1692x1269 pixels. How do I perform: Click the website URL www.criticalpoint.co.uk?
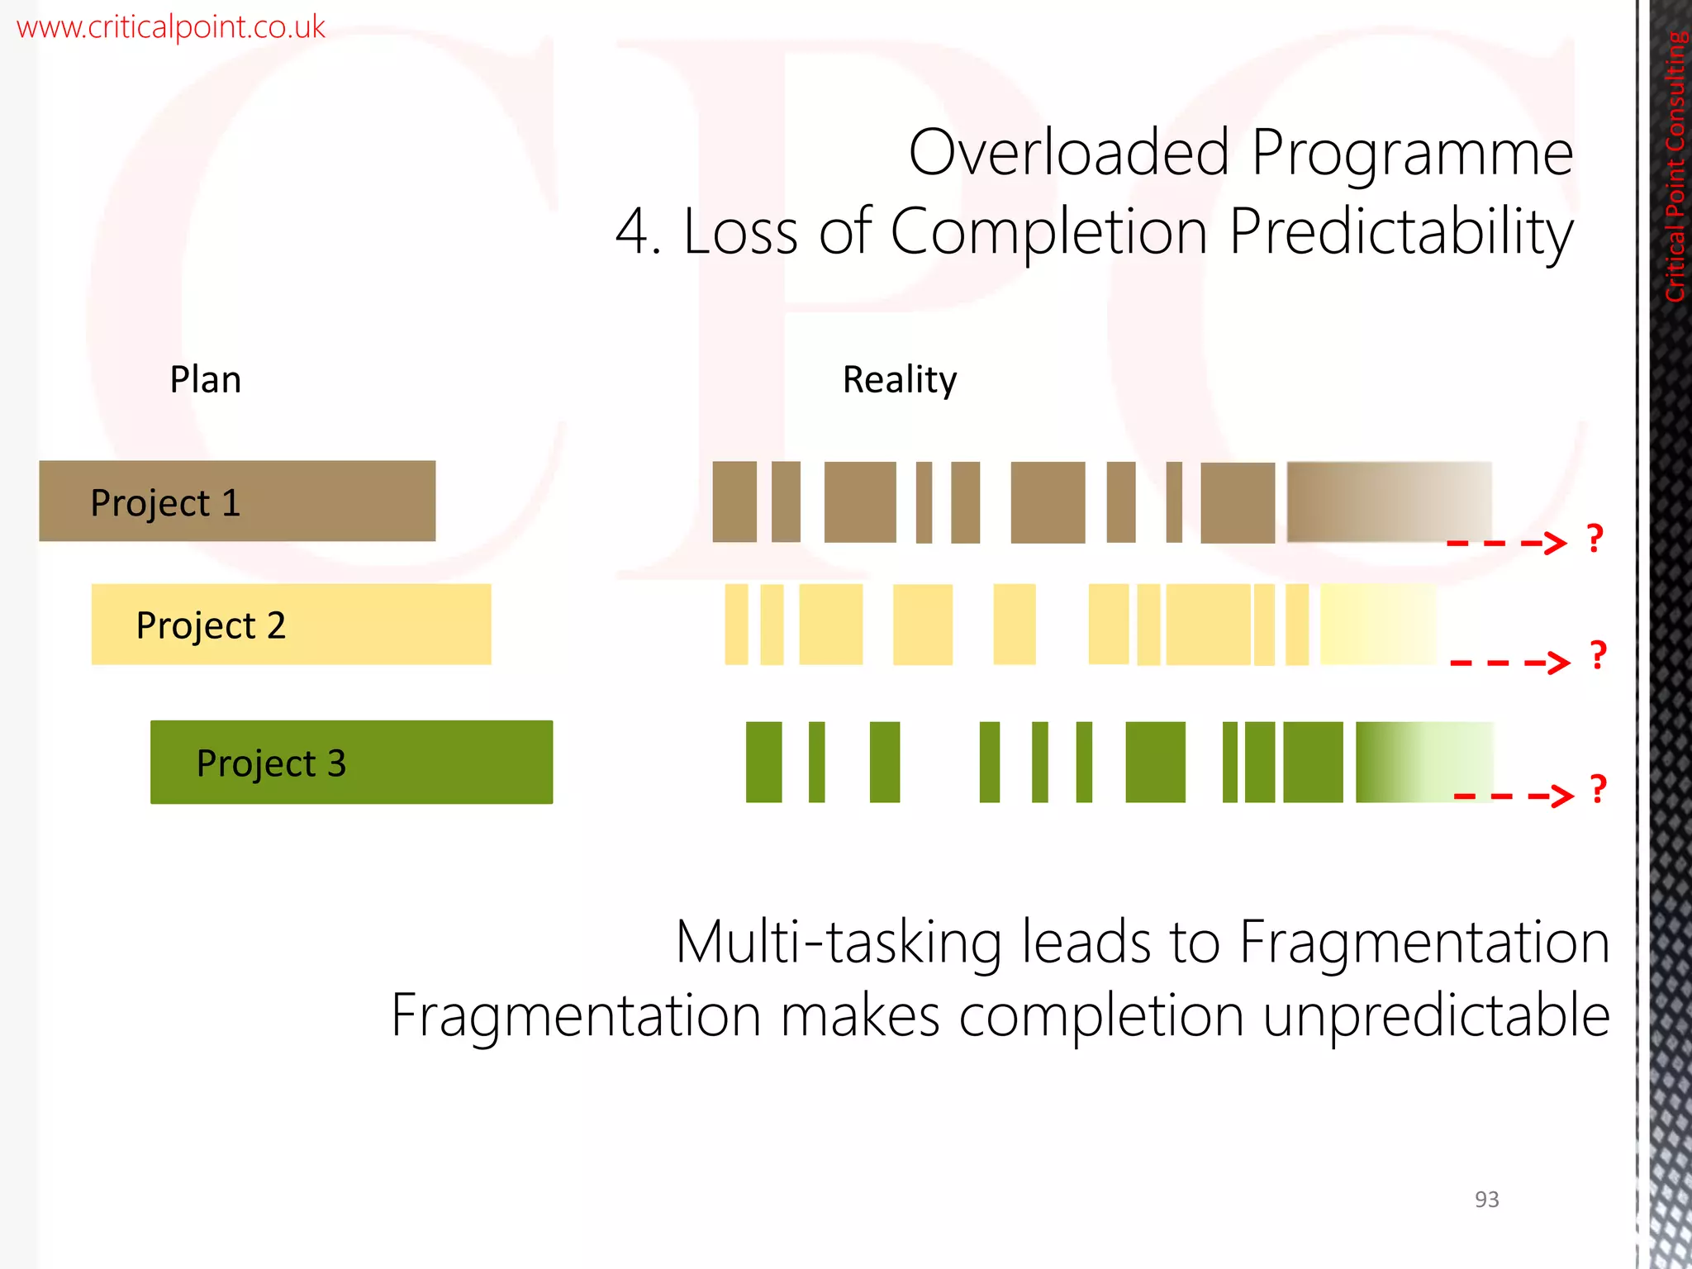coord(171,27)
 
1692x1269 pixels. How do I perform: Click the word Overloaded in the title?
coord(1069,154)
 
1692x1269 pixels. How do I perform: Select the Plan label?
coord(205,380)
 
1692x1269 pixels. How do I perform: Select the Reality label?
coord(899,380)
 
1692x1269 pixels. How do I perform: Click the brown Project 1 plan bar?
coord(237,501)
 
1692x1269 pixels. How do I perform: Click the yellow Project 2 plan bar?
coord(291,625)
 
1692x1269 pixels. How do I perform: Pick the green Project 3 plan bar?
coord(351,762)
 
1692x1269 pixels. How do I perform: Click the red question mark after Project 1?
coord(1595,539)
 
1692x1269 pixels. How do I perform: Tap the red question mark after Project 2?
coord(1599,655)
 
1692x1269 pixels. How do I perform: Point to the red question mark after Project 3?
coord(1599,789)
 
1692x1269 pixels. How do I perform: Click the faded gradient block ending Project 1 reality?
coord(1388,501)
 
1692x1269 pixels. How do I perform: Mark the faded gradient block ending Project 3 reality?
coord(1423,762)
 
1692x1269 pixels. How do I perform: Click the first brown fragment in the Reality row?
coord(734,501)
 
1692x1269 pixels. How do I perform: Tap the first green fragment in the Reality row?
coord(763,762)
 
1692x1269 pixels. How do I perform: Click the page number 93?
coord(1486,1200)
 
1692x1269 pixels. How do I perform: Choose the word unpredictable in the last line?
coord(1436,1015)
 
